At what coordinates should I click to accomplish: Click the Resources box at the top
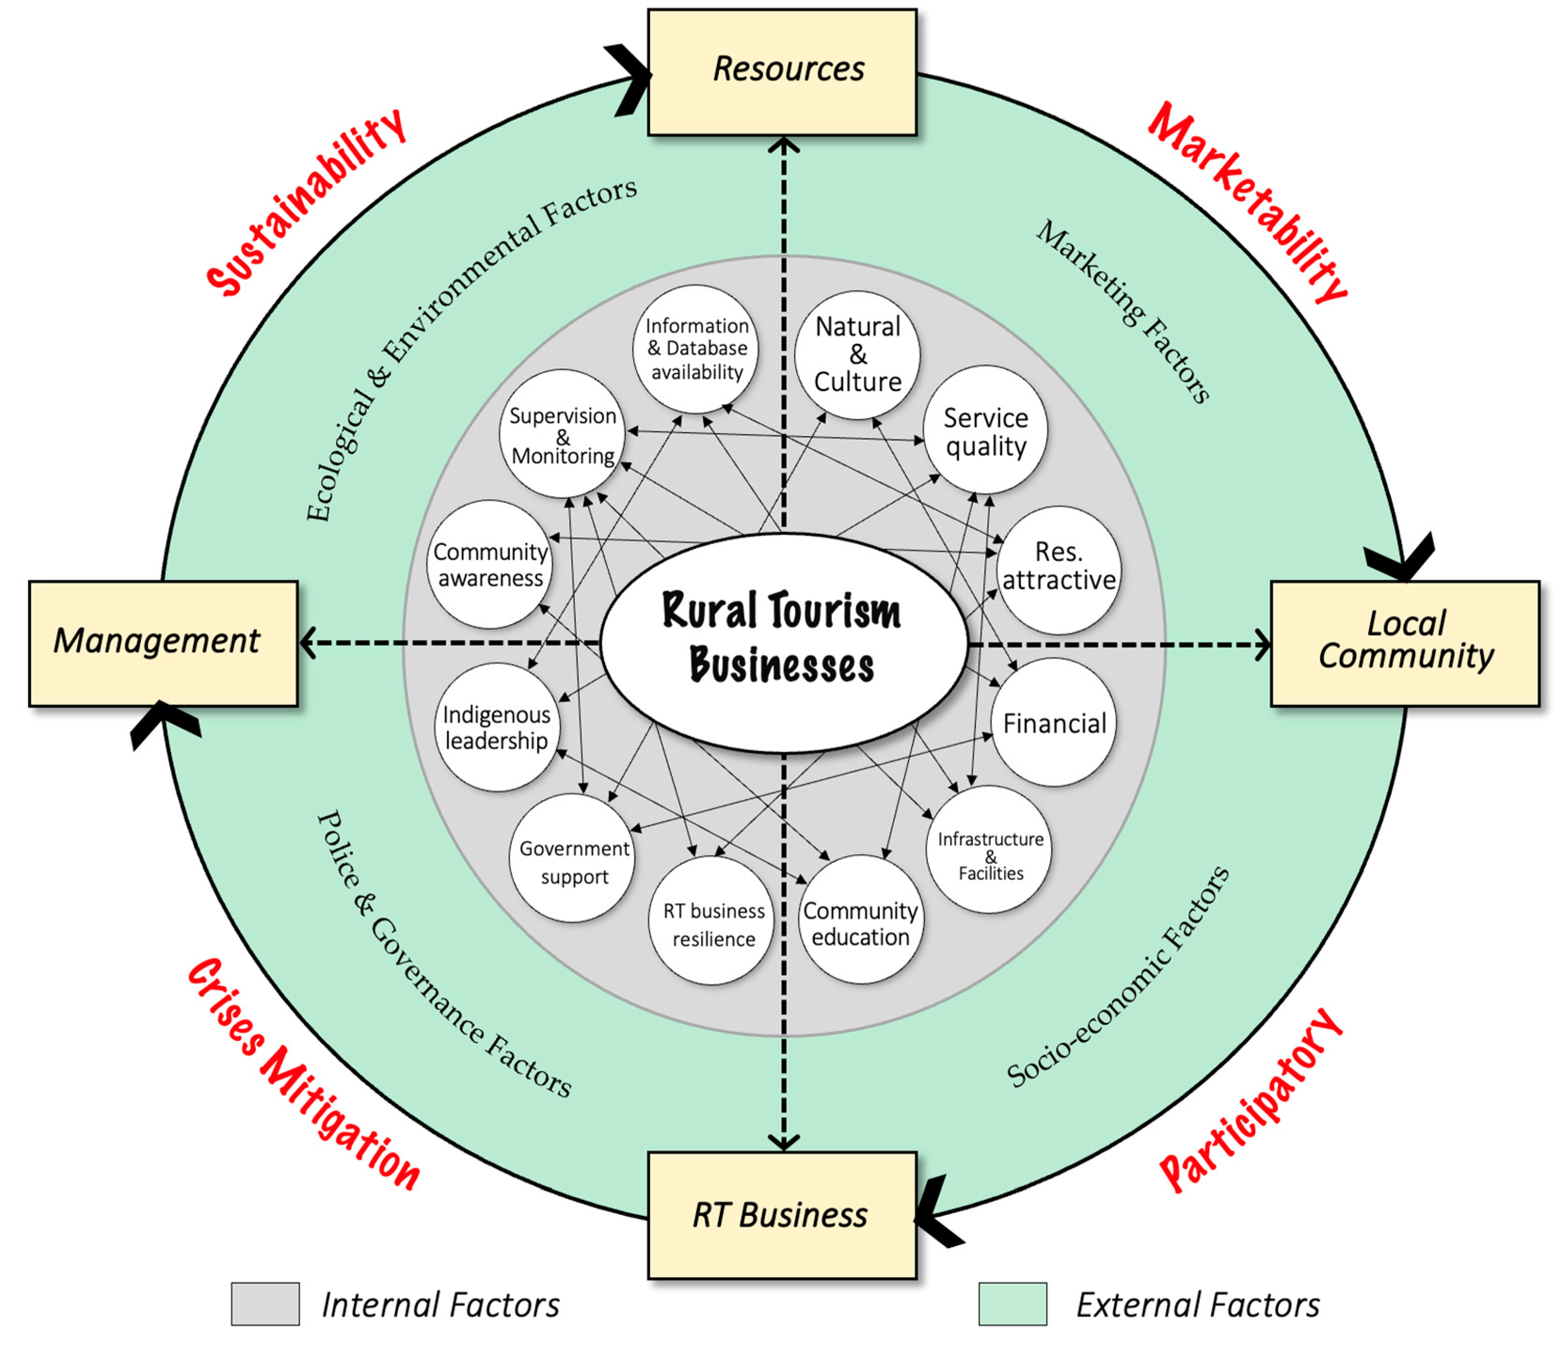coord(781,72)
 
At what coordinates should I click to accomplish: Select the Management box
coord(163,643)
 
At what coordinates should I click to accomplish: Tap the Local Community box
coord(1404,643)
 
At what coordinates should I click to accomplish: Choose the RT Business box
coord(781,1215)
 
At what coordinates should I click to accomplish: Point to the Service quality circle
coord(985,430)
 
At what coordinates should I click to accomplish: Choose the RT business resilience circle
coord(712,922)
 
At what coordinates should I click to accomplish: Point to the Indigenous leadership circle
coord(496,728)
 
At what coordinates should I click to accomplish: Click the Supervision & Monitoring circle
coord(562,434)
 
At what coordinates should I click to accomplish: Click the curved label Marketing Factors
coord(1122,311)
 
